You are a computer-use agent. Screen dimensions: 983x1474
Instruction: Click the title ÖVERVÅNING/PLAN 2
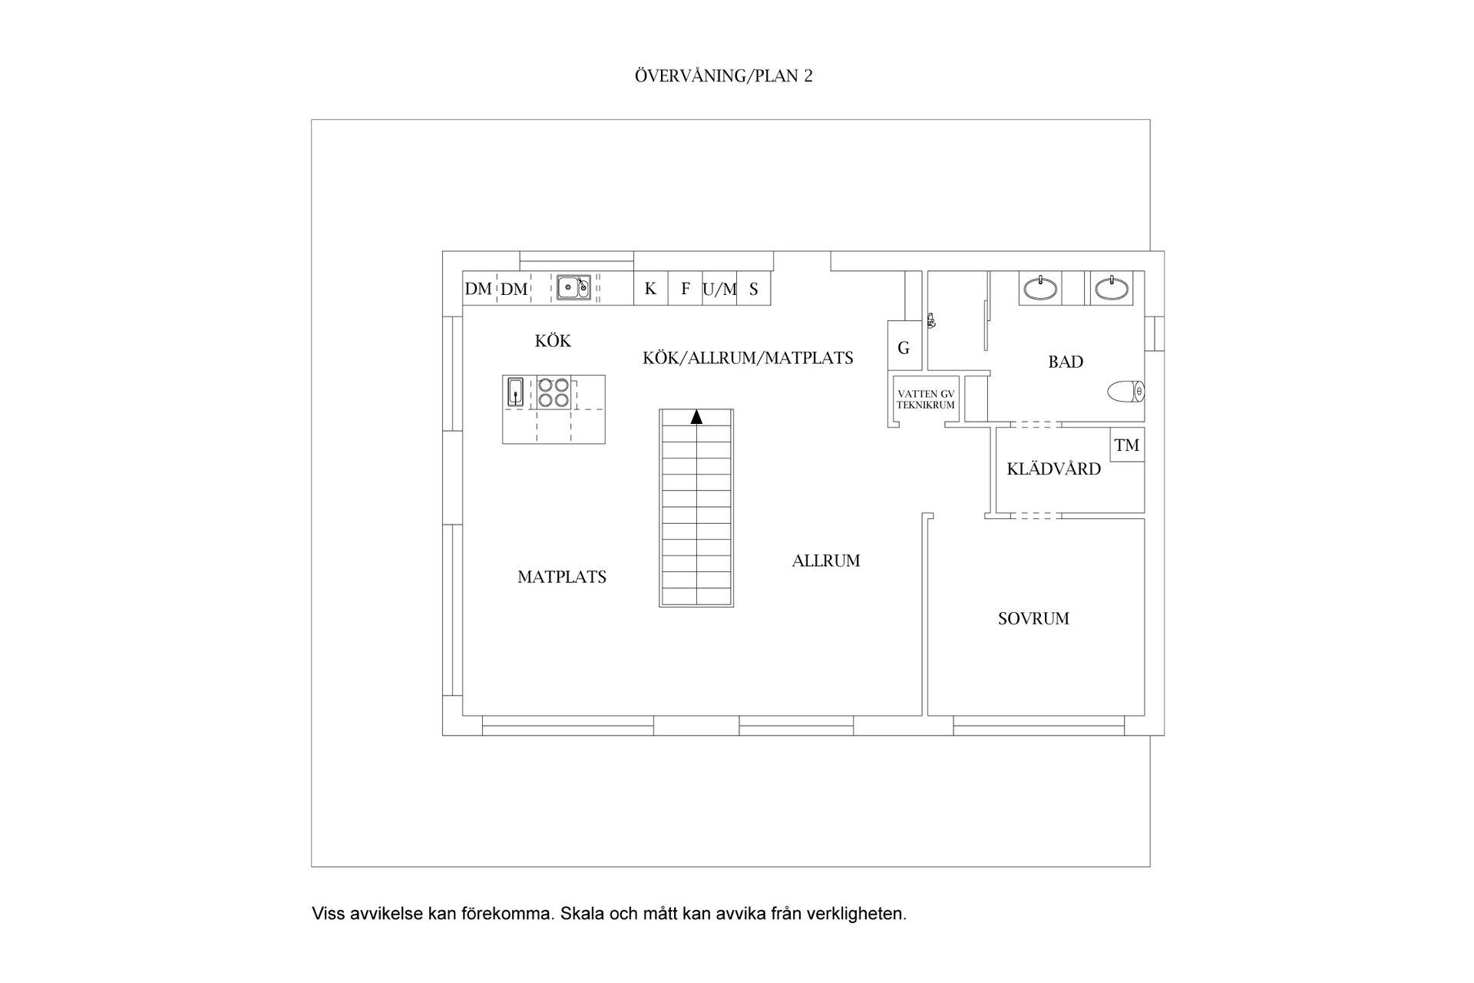(723, 76)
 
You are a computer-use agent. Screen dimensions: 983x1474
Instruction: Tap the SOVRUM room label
(1033, 618)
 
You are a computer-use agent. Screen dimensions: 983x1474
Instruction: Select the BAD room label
(1066, 362)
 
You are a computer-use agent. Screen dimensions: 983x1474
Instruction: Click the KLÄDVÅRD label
(1053, 469)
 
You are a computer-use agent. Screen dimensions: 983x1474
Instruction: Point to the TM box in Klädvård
(1127, 445)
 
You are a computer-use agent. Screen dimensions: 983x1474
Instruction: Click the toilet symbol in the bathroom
(1126, 392)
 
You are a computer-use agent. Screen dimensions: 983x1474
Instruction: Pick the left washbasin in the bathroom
(1040, 289)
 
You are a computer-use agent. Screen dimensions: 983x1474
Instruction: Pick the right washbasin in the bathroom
(1111, 289)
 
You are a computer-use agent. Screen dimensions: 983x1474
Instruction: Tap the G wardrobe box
(904, 348)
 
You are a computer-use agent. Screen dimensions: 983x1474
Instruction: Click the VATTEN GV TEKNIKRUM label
(926, 399)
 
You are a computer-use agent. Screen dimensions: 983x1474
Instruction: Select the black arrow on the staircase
(696, 417)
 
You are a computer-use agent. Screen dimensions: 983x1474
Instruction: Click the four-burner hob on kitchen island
(554, 392)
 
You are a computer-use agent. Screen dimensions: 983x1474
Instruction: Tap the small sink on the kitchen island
(515, 392)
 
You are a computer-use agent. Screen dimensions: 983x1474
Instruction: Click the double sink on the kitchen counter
(573, 287)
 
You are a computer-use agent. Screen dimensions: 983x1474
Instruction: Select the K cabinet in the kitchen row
(650, 289)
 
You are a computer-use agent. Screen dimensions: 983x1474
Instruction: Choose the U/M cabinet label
(719, 290)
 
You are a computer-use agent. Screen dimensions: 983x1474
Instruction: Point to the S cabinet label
(754, 290)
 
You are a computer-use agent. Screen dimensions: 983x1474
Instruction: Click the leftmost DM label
(478, 290)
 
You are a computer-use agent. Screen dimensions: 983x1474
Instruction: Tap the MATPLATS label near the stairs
(562, 577)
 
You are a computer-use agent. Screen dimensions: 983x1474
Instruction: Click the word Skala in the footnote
(582, 914)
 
